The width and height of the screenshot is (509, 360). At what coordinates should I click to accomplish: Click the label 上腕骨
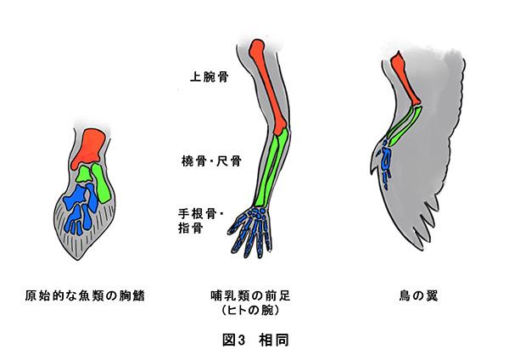(x=209, y=77)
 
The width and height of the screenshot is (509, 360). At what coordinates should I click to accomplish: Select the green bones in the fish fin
(x=97, y=183)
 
